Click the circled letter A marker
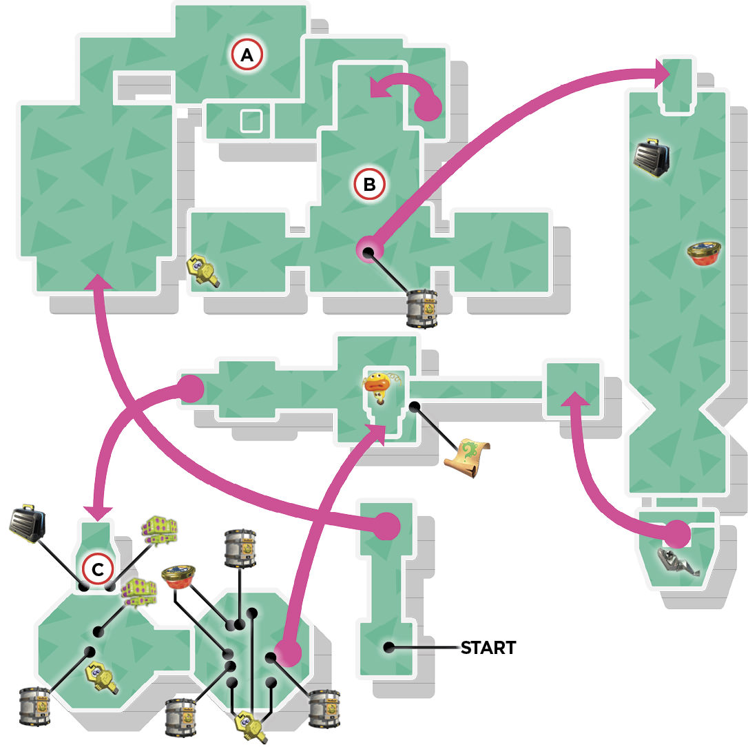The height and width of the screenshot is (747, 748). coord(247,55)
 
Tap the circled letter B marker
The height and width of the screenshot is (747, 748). coord(369,184)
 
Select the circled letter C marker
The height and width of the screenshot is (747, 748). coord(98,569)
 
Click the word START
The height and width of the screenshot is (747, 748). coord(488,648)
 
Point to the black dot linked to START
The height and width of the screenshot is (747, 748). coord(388,647)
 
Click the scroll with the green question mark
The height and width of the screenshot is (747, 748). coord(467,458)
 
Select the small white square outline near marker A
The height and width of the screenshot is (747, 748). coord(251,121)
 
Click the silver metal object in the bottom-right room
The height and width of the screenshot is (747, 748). coord(677,561)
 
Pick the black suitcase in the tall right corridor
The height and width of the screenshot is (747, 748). coord(652,158)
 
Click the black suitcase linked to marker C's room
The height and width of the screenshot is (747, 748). coord(28,522)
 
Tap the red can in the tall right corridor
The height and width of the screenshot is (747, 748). coord(704,254)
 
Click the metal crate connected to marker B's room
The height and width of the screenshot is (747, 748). coord(422,309)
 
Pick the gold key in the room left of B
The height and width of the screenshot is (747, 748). coord(204,271)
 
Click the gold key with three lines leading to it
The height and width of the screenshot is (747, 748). coord(252,726)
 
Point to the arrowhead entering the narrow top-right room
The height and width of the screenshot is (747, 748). coord(663,73)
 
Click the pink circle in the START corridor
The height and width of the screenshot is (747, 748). coord(386,526)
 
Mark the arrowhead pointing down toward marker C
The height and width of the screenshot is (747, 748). coord(98,513)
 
